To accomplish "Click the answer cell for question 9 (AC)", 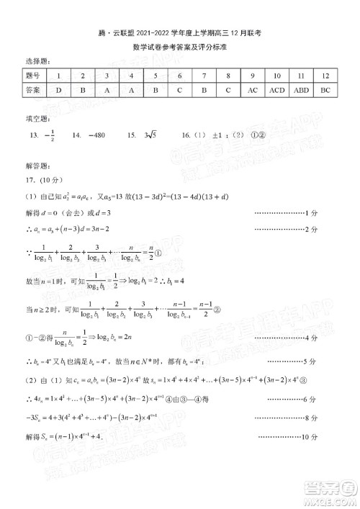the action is pos(252,91).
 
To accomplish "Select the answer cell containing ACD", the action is pos(277,91).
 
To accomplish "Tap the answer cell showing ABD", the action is pos(302,91).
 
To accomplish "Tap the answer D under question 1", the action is pos(58,91).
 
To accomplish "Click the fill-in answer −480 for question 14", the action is pos(95,135).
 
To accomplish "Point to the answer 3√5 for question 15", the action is pos(151,135).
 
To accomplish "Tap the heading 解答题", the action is pos(34,166).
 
